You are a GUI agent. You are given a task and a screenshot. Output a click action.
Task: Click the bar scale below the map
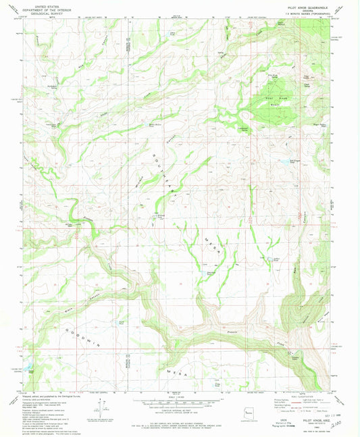point(180,406)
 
